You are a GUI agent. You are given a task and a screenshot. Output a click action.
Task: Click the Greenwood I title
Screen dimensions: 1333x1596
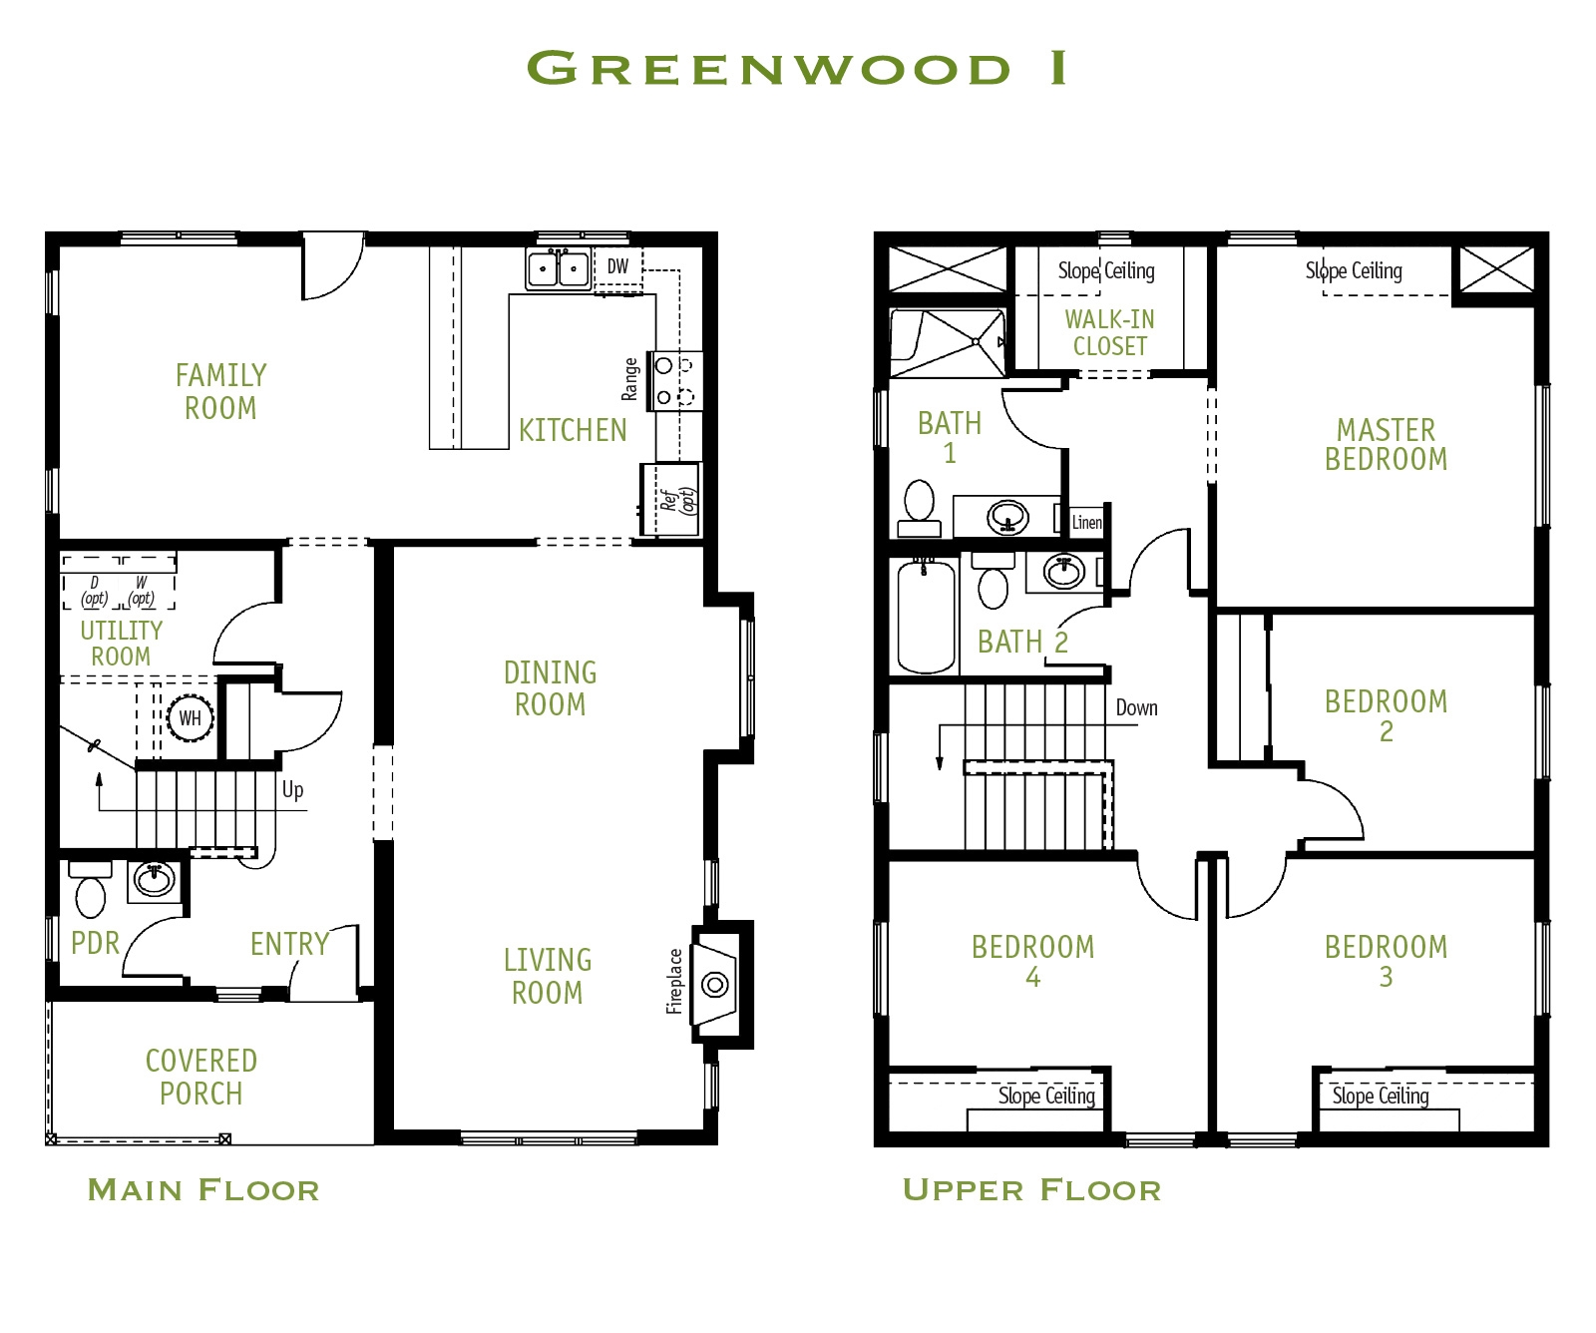pyautogui.click(x=797, y=68)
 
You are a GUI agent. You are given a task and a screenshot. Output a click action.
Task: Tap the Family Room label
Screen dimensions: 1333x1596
pyautogui.click(x=220, y=391)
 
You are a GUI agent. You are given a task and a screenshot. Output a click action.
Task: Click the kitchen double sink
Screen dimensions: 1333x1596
pyautogui.click(x=559, y=268)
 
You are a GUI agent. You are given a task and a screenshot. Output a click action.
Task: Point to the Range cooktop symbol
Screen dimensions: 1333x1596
pyautogui.click(x=674, y=381)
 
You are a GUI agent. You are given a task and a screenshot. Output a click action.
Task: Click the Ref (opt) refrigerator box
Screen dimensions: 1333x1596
pyautogui.click(x=671, y=499)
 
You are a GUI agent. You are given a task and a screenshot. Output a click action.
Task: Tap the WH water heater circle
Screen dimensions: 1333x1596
pyautogui.click(x=190, y=718)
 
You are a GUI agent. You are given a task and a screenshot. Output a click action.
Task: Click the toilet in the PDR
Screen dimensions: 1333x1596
pyautogui.click(x=90, y=895)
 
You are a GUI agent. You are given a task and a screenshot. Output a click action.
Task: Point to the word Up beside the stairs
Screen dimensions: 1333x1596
pyautogui.click(x=292, y=790)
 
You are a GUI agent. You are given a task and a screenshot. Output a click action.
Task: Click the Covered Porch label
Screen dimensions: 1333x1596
pyautogui.click(x=201, y=1077)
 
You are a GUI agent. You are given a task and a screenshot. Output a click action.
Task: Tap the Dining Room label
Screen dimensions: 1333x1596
pyautogui.click(x=550, y=688)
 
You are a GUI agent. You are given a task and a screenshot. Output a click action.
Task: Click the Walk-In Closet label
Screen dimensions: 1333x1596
pyautogui.click(x=1109, y=332)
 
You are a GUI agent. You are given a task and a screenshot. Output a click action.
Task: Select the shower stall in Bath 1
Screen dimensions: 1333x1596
pyautogui.click(x=948, y=343)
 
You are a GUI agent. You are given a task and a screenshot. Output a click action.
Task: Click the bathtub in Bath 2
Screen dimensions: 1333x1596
pyautogui.click(x=926, y=617)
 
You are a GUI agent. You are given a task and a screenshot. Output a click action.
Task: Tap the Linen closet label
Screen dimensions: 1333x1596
pyautogui.click(x=1086, y=522)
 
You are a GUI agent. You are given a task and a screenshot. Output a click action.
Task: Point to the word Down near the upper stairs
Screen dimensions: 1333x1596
pyautogui.click(x=1136, y=707)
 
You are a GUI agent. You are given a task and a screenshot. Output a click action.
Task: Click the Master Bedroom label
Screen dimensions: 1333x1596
pyautogui.click(x=1386, y=444)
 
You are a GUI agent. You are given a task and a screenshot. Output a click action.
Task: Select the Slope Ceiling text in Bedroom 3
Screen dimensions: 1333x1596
pyautogui.click(x=1381, y=1096)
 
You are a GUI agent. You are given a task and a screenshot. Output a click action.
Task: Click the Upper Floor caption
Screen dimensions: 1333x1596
pyautogui.click(x=1031, y=1189)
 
